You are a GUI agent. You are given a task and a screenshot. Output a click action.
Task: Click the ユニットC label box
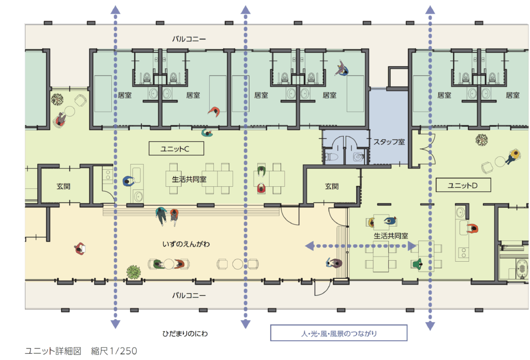(176, 148)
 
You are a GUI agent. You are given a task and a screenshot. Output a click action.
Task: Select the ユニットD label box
(463, 185)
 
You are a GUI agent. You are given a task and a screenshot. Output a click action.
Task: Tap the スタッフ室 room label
(389, 142)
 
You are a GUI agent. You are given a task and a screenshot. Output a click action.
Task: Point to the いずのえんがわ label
(186, 244)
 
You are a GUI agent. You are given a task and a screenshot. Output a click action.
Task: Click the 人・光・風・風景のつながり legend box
(338, 333)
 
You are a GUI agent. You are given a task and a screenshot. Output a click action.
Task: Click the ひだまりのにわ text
(185, 334)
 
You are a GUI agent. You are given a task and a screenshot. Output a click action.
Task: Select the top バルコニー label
(188, 39)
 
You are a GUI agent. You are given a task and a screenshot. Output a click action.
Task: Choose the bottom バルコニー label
(188, 295)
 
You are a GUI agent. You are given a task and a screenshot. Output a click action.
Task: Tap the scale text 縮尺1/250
(114, 351)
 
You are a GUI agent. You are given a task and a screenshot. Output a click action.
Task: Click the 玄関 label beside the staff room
(332, 186)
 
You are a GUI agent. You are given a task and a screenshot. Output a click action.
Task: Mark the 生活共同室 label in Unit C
(189, 179)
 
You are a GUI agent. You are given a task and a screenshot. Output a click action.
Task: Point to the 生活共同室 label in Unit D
(391, 236)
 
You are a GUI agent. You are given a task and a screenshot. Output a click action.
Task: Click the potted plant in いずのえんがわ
(134, 272)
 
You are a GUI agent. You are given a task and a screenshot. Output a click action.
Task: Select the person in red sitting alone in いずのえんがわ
(80, 249)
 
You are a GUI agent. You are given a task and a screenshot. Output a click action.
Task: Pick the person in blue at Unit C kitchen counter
(129, 181)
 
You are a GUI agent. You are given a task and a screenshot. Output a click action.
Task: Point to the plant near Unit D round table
(481, 140)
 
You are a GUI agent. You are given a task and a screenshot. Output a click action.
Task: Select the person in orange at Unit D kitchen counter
(473, 229)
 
